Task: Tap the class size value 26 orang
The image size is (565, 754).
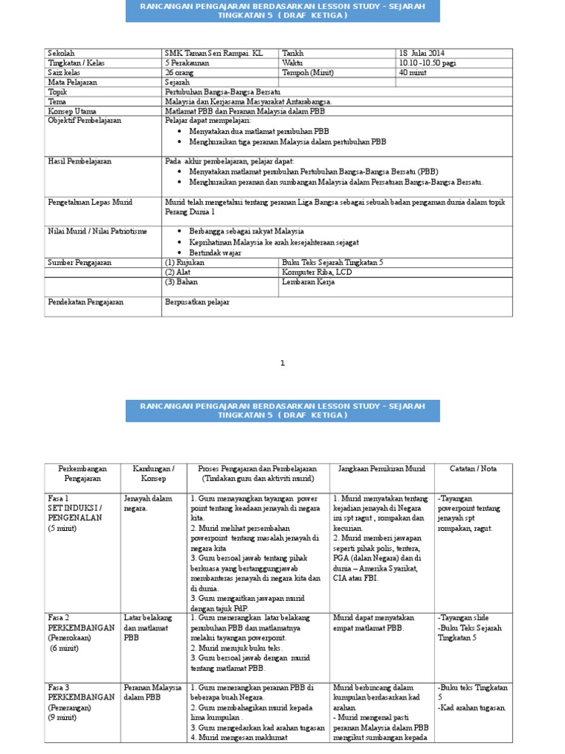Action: pos(180,73)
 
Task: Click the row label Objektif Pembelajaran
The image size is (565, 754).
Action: pos(85,120)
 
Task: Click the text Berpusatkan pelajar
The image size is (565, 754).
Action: pos(197,302)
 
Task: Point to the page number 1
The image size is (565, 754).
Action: pos(282,363)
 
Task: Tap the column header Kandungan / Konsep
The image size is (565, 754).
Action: pos(153,473)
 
